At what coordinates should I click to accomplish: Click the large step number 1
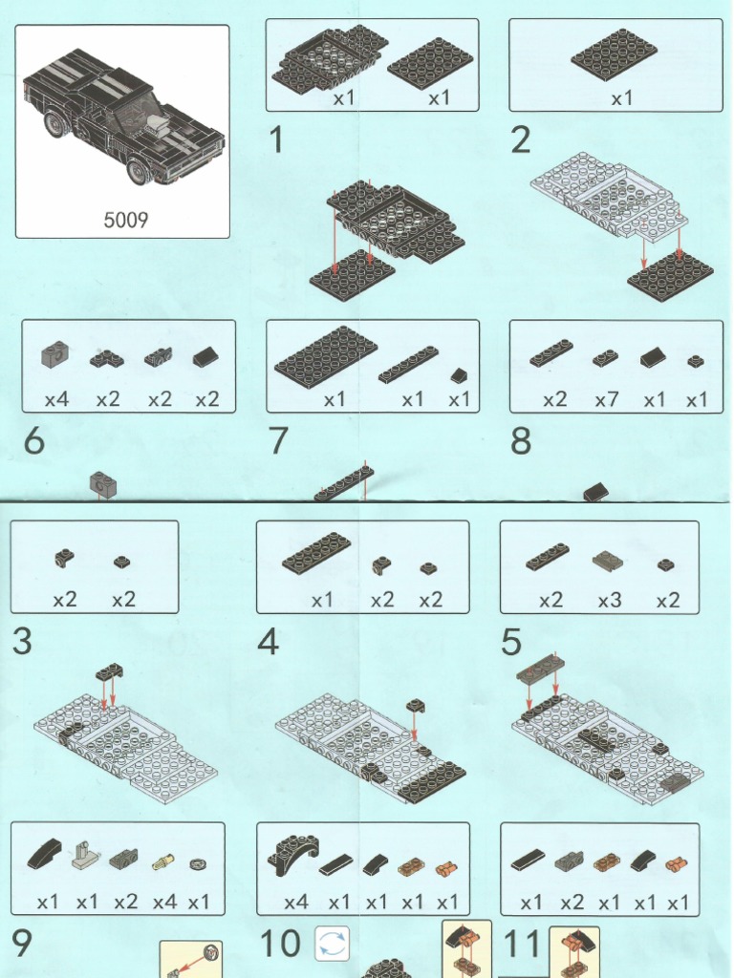(276, 141)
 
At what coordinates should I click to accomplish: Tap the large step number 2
(520, 141)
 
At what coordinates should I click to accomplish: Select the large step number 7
(278, 441)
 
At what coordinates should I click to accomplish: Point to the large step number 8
(521, 441)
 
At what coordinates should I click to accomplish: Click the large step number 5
(511, 642)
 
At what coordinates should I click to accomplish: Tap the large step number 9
(22, 944)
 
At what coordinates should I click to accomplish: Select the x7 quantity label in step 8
(607, 399)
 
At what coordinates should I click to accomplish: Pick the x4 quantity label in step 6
(56, 399)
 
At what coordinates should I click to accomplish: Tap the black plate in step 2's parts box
(614, 54)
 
